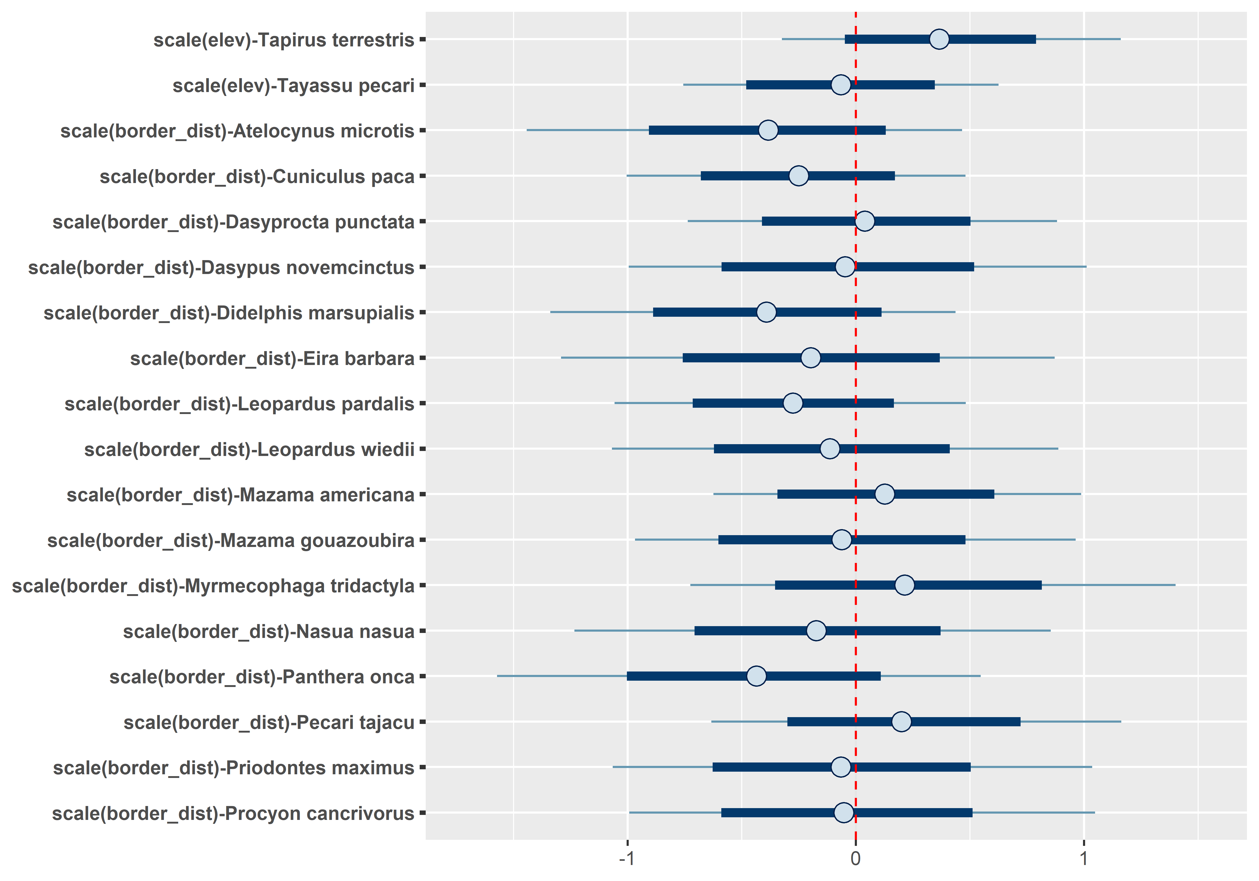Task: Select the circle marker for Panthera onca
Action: point(756,676)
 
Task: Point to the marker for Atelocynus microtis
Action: point(768,131)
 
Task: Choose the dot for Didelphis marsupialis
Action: point(766,312)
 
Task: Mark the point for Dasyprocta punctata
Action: point(865,222)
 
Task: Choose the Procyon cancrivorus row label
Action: point(233,814)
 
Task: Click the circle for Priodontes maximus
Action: point(841,767)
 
